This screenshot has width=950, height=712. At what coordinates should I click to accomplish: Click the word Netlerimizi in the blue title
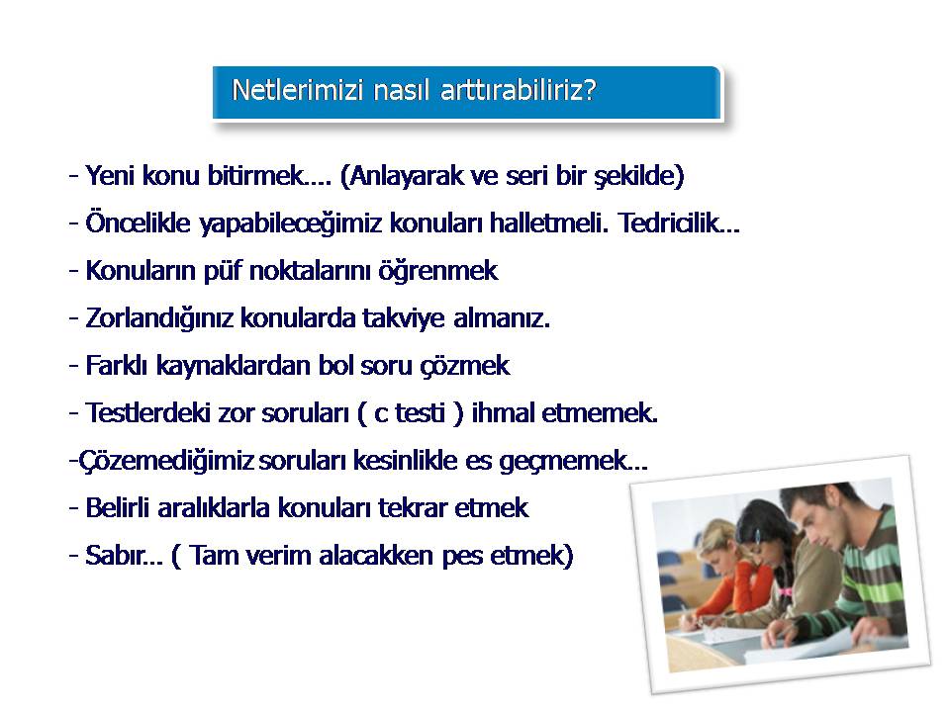tap(298, 90)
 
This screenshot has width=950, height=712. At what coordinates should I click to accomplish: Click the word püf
tap(223, 271)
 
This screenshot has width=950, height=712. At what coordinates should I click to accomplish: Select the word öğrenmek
tap(438, 271)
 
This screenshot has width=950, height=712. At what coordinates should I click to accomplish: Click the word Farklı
tap(117, 365)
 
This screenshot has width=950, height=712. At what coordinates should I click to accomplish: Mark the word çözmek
tap(465, 366)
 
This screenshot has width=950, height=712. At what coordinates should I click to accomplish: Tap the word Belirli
tap(118, 507)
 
